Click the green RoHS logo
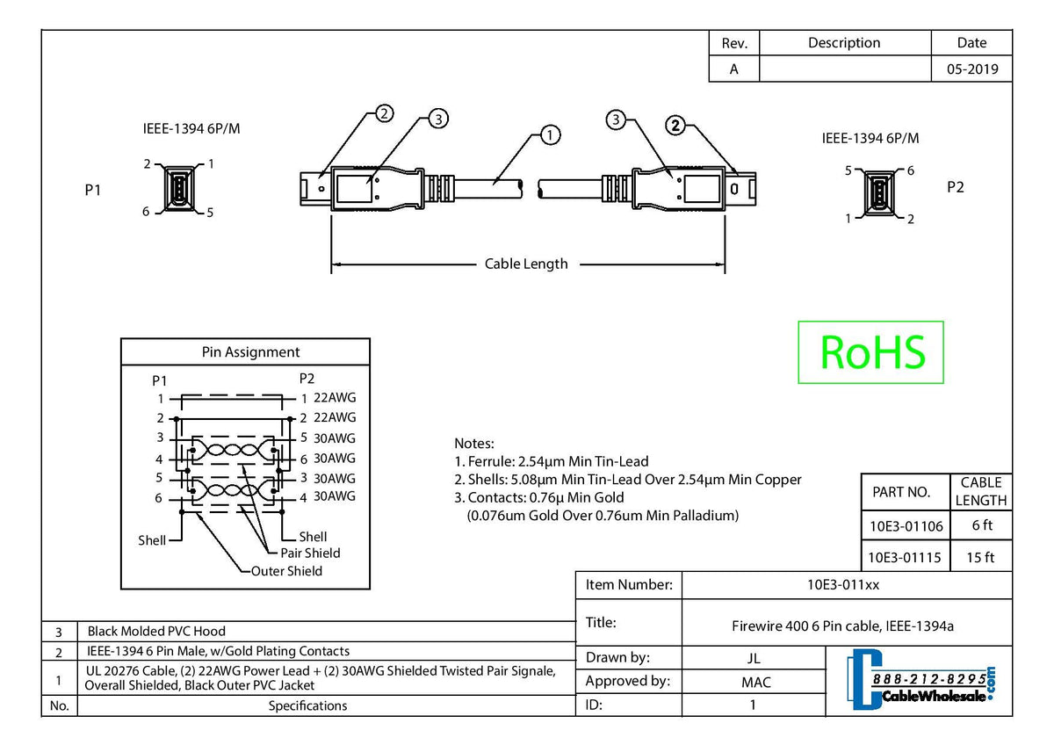870,351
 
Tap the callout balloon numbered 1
550,134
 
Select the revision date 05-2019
971,69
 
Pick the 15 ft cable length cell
981,557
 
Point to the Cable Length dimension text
526,264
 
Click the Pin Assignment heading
250,352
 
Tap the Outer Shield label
286,571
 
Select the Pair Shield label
310,553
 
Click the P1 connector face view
177,188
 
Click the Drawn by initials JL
753,658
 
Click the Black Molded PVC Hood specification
155,631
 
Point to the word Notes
473,444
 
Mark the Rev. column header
733,43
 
